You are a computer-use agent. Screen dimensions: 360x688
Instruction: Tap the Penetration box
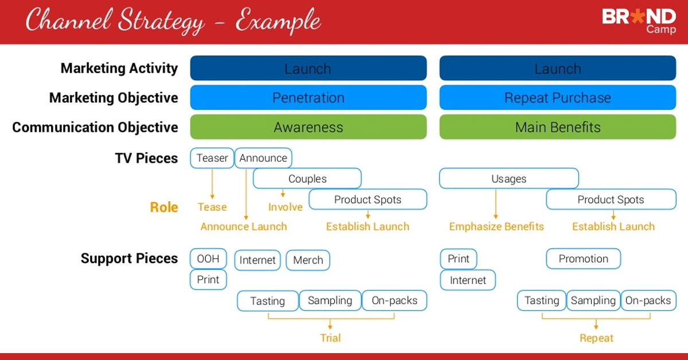pos(308,97)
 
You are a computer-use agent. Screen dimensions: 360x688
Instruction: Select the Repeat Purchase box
pos(558,97)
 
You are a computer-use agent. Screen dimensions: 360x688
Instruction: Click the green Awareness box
pos(308,127)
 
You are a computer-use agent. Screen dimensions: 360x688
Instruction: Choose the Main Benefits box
pos(558,127)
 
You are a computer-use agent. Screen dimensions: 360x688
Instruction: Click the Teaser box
pos(212,158)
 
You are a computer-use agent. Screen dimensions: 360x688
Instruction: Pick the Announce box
pos(263,158)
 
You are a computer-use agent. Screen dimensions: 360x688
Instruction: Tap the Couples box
pos(307,178)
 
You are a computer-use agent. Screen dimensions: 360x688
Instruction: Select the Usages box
pos(509,178)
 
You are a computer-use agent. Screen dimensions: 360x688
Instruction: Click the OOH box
pos(208,259)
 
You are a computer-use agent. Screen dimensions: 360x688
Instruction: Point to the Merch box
pos(308,260)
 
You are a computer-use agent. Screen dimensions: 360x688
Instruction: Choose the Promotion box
pos(583,259)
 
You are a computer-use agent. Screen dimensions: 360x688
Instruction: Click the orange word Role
pos(164,207)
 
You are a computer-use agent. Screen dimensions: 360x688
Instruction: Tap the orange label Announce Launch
pos(244,226)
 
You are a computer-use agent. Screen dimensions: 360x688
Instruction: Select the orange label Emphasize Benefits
pos(497,226)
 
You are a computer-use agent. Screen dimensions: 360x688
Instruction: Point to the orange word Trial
pos(330,338)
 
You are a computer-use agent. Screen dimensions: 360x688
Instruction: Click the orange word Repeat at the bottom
pos(596,338)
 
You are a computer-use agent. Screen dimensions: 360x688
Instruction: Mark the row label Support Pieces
pos(130,259)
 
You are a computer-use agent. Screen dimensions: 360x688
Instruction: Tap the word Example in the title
pos(279,22)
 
